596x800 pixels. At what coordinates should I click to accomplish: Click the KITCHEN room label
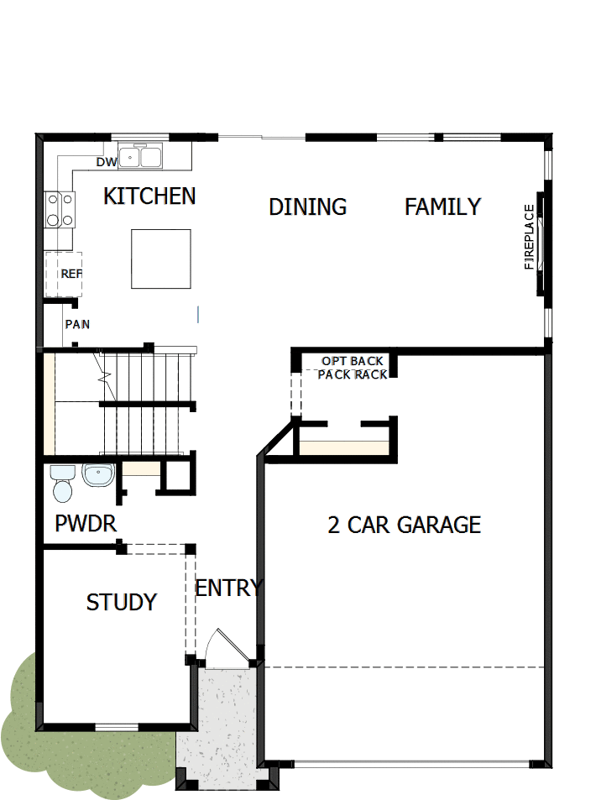(x=149, y=196)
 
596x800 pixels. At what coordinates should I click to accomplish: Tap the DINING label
(x=307, y=207)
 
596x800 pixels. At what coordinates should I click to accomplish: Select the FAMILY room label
(x=442, y=207)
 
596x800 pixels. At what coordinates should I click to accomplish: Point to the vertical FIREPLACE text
(x=529, y=237)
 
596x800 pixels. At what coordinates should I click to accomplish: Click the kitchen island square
(x=160, y=259)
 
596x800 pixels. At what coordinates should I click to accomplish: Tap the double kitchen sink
(x=140, y=157)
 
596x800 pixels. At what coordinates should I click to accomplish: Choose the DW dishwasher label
(x=106, y=162)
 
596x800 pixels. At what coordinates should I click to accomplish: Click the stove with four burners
(x=59, y=209)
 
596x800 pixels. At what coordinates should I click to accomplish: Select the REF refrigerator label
(x=71, y=274)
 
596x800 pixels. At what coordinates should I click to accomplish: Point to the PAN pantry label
(x=77, y=324)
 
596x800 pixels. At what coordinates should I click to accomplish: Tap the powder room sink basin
(x=97, y=476)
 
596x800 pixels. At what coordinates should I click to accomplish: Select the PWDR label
(x=85, y=525)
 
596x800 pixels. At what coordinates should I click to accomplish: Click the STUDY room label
(x=122, y=602)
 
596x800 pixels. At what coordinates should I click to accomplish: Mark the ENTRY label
(x=228, y=588)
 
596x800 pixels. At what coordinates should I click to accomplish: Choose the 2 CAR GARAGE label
(x=404, y=525)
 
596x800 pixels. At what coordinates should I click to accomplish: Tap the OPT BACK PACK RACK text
(x=353, y=368)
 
